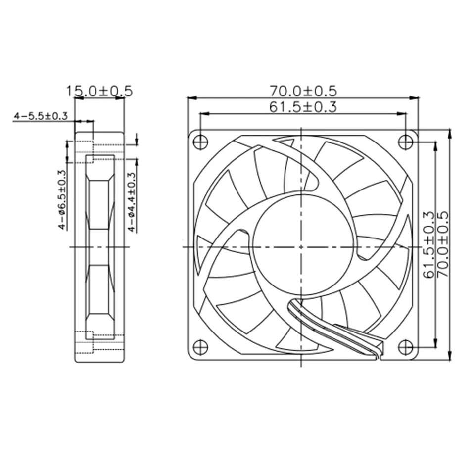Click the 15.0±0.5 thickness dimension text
click(x=100, y=91)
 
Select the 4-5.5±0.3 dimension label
click(x=41, y=116)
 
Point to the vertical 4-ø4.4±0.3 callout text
click(x=131, y=202)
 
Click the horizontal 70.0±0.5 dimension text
click(x=303, y=91)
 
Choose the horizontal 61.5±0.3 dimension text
click(x=303, y=107)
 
